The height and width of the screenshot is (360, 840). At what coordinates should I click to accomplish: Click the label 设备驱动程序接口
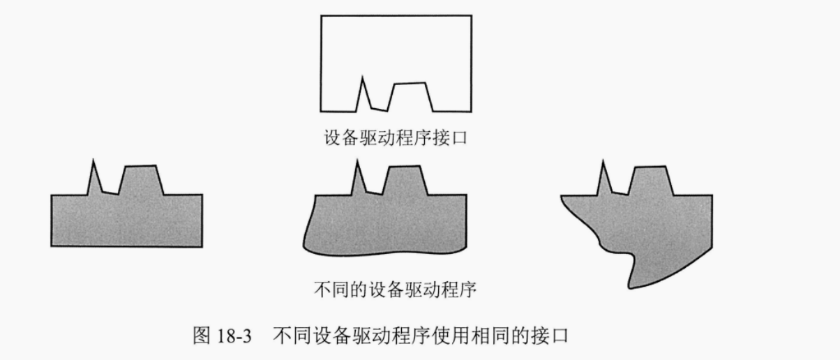(x=395, y=137)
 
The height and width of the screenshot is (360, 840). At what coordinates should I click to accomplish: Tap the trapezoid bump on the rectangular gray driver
(x=140, y=180)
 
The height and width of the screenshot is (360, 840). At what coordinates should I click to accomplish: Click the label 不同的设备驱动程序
(x=395, y=289)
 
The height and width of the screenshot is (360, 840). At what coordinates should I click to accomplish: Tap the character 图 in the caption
(x=200, y=336)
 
